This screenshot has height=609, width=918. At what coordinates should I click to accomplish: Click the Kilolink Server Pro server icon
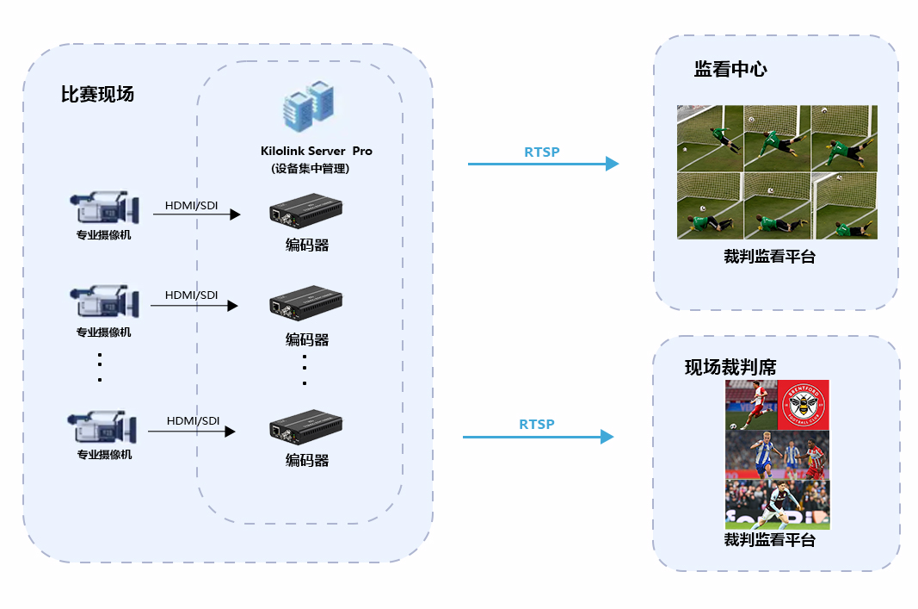coord(309,106)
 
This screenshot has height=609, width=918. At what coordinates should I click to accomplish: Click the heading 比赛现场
coord(97,94)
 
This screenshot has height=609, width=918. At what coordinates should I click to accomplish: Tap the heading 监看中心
coord(730,69)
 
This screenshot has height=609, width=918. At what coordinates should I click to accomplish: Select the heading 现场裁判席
coord(730,367)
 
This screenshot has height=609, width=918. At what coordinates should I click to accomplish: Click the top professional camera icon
coord(105,207)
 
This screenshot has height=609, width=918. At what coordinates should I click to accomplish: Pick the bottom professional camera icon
coord(102,426)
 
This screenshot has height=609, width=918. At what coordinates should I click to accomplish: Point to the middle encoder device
coord(305,302)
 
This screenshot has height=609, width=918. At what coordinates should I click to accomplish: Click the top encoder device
coord(305,210)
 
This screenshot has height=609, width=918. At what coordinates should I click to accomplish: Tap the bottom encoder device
coord(305,426)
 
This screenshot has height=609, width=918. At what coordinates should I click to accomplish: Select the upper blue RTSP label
coord(541,152)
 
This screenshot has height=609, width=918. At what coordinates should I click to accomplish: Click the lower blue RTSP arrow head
coord(607,437)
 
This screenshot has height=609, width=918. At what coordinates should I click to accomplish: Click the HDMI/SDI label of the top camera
coord(192,205)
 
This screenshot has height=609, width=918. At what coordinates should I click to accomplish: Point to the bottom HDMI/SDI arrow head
coord(230,432)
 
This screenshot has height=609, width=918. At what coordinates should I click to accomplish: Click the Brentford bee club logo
coord(804,405)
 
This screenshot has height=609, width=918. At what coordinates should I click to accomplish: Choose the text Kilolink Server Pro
coord(316,151)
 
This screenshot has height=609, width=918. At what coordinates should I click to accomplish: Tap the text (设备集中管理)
coord(310,168)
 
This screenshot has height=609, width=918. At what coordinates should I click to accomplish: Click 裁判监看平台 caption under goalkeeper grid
coord(769,256)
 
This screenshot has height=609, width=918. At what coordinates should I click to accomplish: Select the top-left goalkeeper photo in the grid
coord(710,138)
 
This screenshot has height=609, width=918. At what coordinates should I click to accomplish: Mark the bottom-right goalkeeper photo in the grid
coord(844,206)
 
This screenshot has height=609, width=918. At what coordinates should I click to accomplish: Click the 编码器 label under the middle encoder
coord(307,339)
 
